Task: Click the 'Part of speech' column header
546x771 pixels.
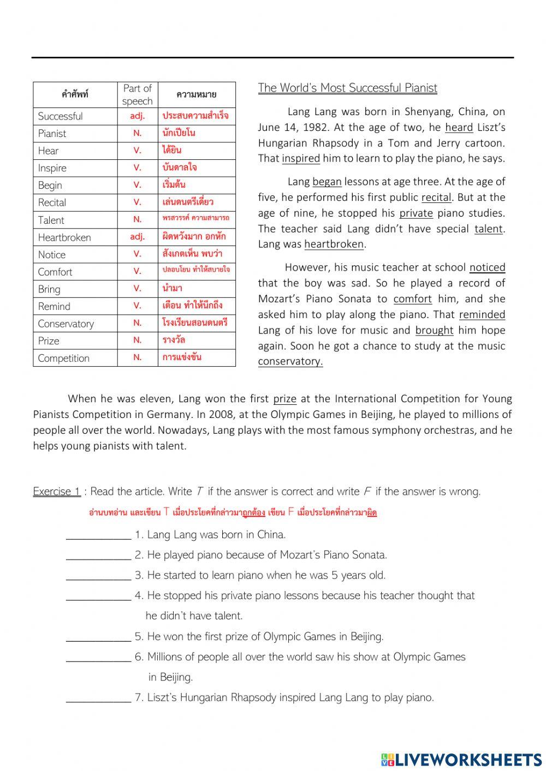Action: (137, 94)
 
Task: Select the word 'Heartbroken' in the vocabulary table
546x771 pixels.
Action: (64, 237)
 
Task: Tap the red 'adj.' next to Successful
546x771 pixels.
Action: (137, 116)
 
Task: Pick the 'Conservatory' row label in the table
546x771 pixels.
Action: (66, 324)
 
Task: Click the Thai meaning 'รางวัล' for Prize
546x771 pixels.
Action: (174, 340)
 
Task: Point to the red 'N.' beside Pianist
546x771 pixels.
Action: (137, 133)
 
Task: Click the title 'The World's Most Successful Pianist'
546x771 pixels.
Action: (347, 88)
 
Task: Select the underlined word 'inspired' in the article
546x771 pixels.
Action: (301, 159)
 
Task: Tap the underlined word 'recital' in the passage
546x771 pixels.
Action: (436, 198)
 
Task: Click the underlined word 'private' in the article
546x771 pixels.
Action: (416, 213)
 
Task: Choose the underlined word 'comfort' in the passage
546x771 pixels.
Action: (412, 299)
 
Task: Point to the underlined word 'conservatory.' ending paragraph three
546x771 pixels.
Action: (290, 361)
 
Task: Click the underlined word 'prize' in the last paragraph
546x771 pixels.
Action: (284, 399)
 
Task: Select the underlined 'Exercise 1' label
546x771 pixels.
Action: (57, 492)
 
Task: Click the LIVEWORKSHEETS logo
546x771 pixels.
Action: (461, 760)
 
